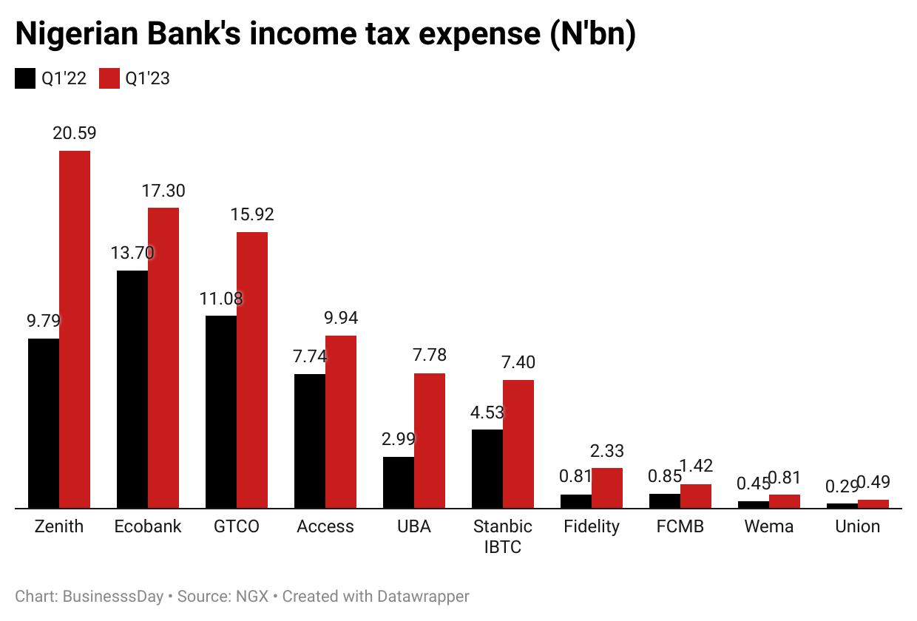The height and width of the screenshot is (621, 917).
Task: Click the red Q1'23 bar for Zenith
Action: pos(75,329)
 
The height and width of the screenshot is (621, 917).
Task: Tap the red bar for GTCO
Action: pos(252,370)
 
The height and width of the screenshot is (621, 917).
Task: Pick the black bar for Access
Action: pos(310,441)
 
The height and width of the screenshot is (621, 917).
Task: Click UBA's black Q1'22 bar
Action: pos(399,483)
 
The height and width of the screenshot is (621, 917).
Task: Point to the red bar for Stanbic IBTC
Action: pos(518,444)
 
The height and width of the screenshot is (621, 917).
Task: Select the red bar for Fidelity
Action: pos(607,488)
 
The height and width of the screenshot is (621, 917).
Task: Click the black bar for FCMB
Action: pos(665,500)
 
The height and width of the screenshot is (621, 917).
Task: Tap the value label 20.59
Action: pos(74,133)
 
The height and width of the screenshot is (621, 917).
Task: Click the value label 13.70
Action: pos(132,253)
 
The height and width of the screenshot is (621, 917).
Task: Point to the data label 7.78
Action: pos(429,356)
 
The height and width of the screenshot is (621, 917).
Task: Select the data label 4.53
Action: pos(487,412)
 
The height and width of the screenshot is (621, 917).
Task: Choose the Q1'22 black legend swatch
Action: pos(25,78)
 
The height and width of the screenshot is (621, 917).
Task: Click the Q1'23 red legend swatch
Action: pos(109,78)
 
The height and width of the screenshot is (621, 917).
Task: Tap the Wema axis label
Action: pos(769,526)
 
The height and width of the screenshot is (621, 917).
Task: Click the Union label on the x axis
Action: pos(858,526)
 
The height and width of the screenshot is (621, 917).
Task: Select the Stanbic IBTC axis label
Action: pos(503,537)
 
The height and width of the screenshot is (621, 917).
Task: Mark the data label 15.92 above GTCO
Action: pos(251,214)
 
